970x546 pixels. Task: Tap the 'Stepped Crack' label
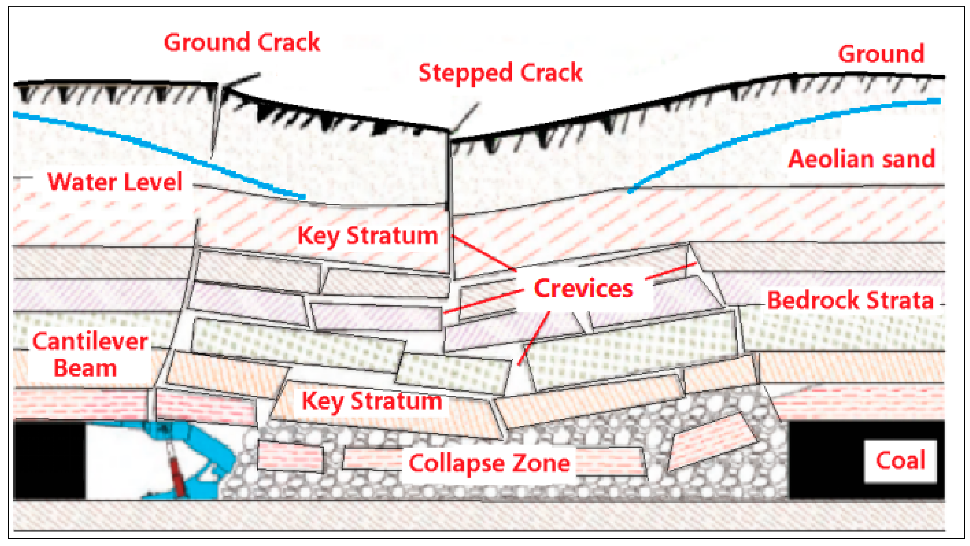(x=500, y=73)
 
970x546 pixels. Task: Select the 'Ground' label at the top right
(x=881, y=54)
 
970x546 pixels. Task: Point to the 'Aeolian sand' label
(x=862, y=159)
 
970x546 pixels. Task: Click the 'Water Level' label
(x=115, y=182)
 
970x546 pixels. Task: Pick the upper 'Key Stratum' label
(x=368, y=236)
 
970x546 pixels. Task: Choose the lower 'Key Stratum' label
(x=372, y=401)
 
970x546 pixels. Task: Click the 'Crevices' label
(x=583, y=289)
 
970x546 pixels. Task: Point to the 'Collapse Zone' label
(x=489, y=463)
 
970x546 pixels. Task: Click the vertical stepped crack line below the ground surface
(x=449, y=169)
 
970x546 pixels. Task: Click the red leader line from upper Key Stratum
(x=484, y=252)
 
